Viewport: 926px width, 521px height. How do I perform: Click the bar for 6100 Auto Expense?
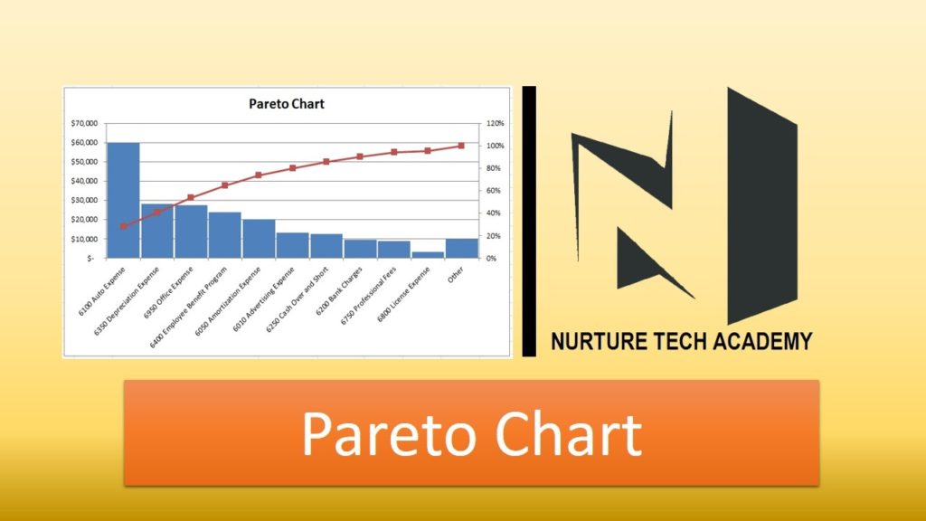(x=123, y=200)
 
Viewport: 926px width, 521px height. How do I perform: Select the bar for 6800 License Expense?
(x=428, y=255)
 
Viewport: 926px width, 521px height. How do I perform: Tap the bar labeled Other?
(x=462, y=249)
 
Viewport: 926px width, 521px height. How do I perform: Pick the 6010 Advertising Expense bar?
(x=292, y=245)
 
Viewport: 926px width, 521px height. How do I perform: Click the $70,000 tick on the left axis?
(x=84, y=123)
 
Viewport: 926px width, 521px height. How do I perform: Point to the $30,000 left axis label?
(x=84, y=200)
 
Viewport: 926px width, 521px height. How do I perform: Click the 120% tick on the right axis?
(x=495, y=123)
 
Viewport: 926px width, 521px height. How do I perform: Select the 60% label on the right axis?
(x=493, y=191)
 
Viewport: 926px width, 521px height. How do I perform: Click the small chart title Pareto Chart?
(x=287, y=104)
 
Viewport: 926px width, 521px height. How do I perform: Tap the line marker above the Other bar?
(x=461, y=146)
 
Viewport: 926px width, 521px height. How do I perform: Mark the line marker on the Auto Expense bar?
(x=123, y=226)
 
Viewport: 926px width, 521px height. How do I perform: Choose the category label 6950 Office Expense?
(x=168, y=293)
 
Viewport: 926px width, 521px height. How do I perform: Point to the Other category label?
(x=456, y=274)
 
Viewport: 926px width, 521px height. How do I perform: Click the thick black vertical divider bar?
(x=529, y=222)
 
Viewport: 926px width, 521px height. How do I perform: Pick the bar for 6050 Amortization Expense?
(x=259, y=239)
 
